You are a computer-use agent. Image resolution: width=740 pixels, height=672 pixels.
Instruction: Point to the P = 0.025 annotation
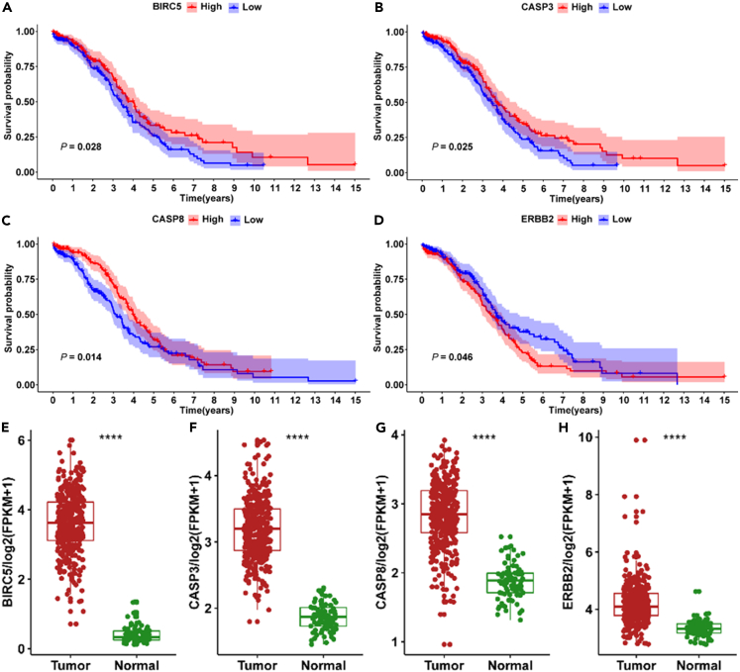click(x=452, y=146)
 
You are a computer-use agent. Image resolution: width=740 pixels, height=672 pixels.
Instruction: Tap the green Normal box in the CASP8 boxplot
click(x=509, y=583)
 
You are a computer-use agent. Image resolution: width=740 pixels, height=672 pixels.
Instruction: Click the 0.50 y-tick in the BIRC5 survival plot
click(x=30, y=102)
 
